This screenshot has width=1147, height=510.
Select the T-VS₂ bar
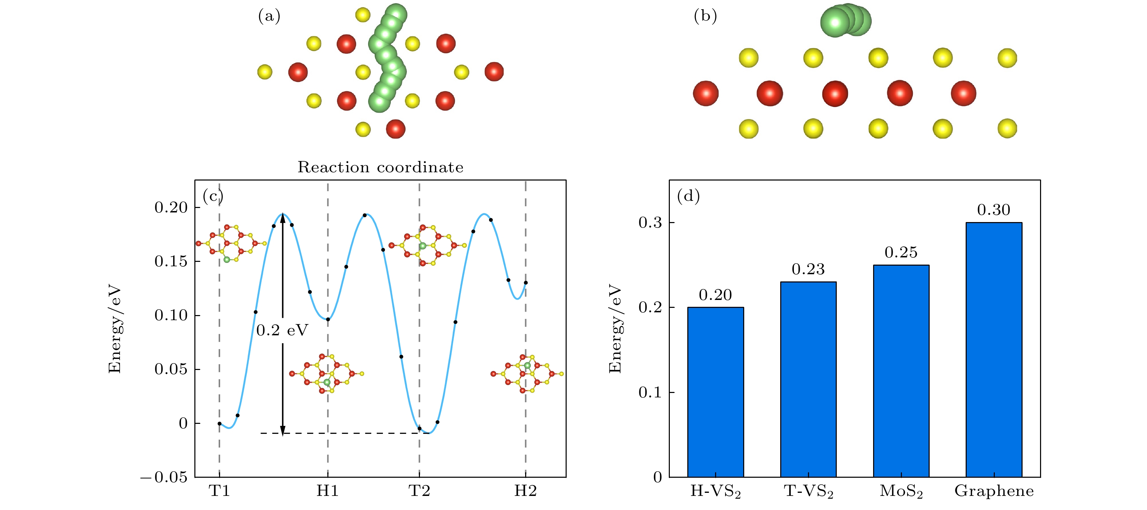(x=808, y=379)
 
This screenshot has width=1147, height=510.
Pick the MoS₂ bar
(x=901, y=370)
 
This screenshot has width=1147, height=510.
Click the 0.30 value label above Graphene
(x=993, y=210)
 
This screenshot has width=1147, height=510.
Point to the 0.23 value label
(x=808, y=269)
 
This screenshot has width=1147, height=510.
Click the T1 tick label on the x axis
(x=219, y=491)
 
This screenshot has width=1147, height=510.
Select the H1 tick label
(x=328, y=491)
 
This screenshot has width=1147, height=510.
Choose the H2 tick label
(x=526, y=491)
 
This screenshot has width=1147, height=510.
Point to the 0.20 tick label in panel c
(x=171, y=208)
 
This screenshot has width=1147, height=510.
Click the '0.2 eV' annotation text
(x=282, y=331)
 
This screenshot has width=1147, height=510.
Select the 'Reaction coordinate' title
(x=380, y=167)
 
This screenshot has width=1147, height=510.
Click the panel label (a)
(x=269, y=16)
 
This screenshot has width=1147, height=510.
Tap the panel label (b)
(x=705, y=16)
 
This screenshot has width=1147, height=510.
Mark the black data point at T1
(x=219, y=424)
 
